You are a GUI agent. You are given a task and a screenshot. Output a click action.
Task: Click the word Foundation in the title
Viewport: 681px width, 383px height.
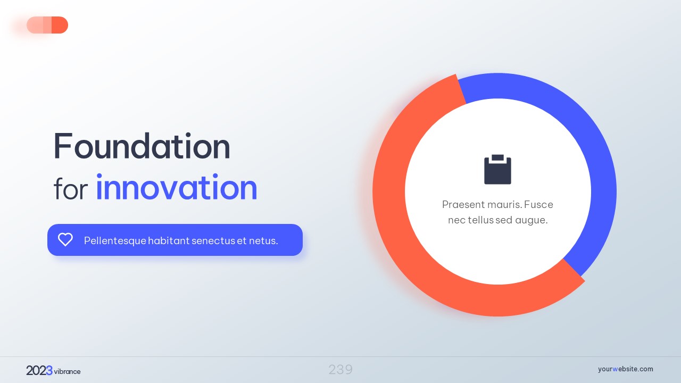pyautogui.click(x=142, y=146)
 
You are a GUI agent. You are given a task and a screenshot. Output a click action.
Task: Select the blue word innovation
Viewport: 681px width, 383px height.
pyautogui.click(x=177, y=187)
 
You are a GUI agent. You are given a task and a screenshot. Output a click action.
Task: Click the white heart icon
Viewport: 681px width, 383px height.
pyautogui.click(x=65, y=239)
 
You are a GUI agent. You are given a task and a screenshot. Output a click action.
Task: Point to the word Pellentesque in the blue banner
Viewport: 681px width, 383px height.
pyautogui.click(x=115, y=241)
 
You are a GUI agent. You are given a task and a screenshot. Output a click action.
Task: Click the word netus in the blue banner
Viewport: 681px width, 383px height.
pyautogui.click(x=263, y=241)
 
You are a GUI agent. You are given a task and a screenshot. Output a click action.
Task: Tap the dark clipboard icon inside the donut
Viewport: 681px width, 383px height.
pyautogui.click(x=497, y=169)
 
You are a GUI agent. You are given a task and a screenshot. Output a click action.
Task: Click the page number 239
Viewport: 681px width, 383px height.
pyautogui.click(x=340, y=370)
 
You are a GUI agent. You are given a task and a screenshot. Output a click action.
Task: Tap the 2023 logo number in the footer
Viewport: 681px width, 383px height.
pyautogui.click(x=39, y=371)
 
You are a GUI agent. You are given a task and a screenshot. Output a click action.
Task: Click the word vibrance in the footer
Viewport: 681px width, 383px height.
pyautogui.click(x=67, y=371)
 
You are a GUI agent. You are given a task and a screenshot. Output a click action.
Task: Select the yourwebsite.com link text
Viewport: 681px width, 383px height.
pyautogui.click(x=625, y=369)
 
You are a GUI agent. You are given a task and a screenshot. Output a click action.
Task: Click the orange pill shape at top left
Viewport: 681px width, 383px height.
pyautogui.click(x=47, y=25)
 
